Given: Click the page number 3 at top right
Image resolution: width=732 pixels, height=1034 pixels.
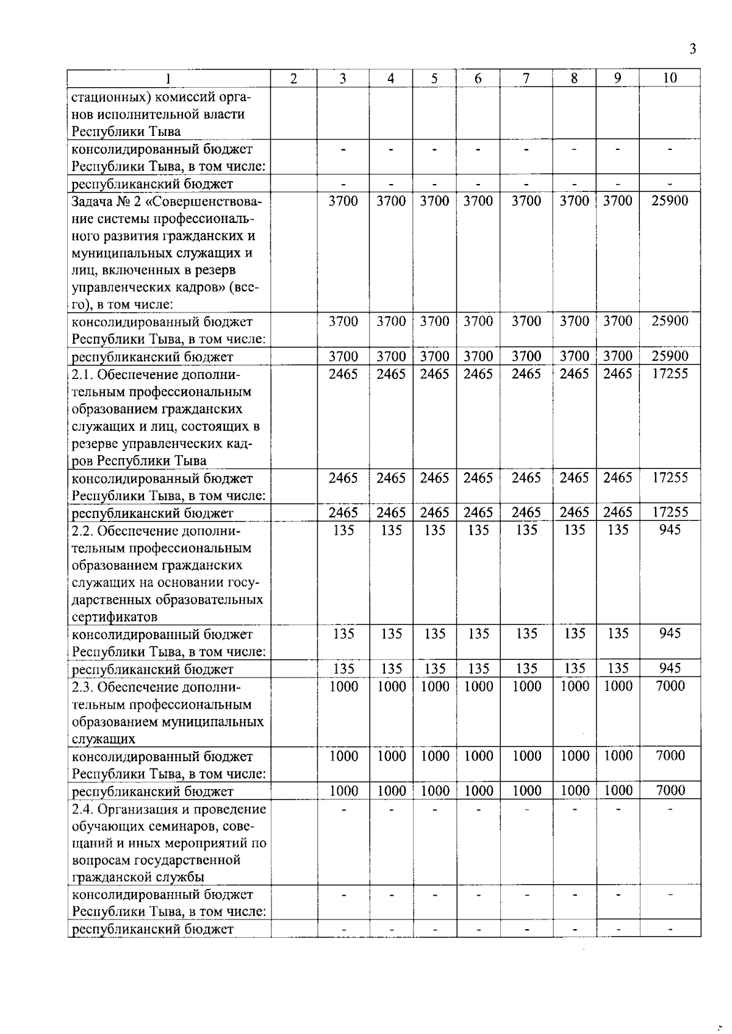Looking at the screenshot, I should pos(692,49).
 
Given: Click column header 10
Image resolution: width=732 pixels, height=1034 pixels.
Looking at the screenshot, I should pos(670,78).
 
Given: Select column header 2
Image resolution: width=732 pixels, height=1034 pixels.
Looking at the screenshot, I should pos(293,79).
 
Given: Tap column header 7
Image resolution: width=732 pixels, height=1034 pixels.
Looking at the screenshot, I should pos(526,78).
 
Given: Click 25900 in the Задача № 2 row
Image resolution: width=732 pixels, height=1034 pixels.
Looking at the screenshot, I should pos(670,200).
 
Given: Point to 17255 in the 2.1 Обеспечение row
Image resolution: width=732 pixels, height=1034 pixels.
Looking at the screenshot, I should pos(670,374).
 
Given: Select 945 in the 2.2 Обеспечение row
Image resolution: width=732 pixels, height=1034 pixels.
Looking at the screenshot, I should pos(670,529).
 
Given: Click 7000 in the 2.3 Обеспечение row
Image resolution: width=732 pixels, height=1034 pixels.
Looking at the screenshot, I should pos(670,686).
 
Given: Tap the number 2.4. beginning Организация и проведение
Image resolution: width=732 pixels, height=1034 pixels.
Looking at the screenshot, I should pos(82,809).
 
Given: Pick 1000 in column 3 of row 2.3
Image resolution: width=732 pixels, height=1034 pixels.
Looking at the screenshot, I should pos(343,686).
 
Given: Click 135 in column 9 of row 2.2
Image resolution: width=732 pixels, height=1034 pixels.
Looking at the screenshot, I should pos(618,530).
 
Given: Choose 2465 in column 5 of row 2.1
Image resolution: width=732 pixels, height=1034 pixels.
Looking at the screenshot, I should pos(434,374).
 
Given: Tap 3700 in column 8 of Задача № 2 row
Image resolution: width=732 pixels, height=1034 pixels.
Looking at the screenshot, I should pos(574,200).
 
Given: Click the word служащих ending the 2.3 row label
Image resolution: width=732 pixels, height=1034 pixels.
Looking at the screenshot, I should pos(103,739).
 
